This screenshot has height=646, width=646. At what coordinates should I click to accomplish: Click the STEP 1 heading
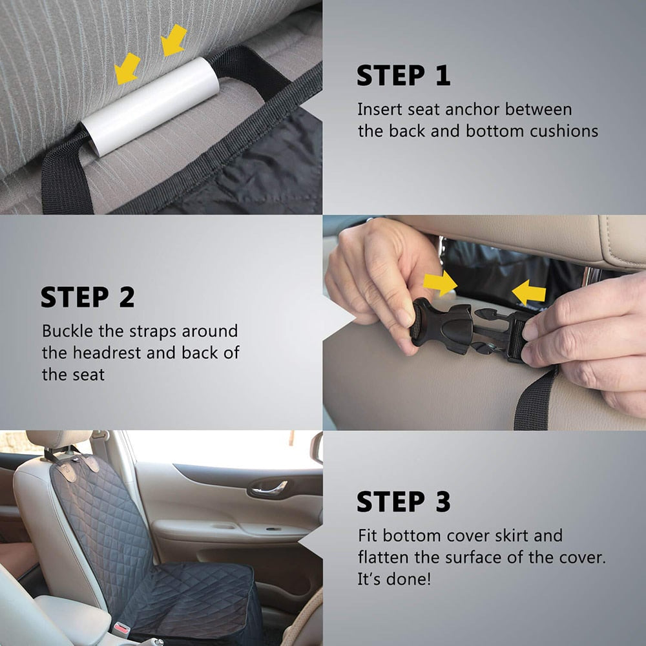[403, 76]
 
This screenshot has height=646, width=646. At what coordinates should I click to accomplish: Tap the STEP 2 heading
[88, 297]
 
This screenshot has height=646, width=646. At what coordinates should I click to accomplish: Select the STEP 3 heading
[403, 502]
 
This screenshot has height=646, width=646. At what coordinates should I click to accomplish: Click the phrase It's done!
[393, 579]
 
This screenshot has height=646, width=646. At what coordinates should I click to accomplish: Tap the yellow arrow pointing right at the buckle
[440, 283]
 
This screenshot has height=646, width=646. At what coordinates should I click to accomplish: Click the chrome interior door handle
[269, 488]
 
